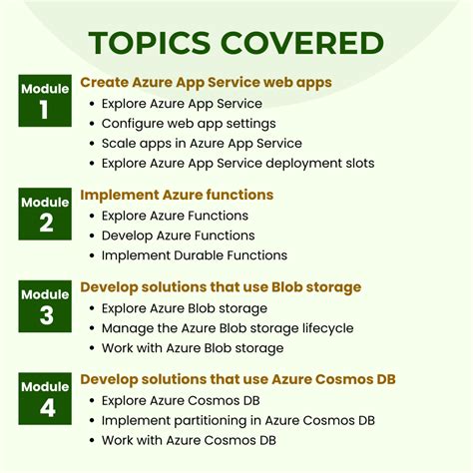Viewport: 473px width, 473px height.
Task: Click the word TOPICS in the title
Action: click(150, 43)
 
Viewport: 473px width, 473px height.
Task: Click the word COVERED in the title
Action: click(302, 43)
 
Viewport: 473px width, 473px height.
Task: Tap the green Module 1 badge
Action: click(45, 101)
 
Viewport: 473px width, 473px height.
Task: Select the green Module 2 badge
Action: click(45, 214)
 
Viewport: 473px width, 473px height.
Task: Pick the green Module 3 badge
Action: click(45, 306)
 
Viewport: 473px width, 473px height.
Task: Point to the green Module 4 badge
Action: click(45, 398)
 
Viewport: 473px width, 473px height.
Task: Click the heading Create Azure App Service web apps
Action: click(206, 83)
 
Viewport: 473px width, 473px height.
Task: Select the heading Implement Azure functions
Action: click(177, 195)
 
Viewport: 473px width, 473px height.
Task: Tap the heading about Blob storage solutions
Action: click(221, 287)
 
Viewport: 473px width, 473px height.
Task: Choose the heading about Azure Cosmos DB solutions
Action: click(237, 379)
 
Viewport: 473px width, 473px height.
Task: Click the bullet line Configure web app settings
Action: click(189, 124)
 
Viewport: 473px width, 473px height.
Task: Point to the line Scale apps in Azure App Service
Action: click(202, 144)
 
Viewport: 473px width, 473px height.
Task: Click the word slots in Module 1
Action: click(360, 163)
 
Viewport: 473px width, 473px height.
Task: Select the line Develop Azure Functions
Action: click(179, 236)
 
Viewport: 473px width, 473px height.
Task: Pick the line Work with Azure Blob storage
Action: click(193, 348)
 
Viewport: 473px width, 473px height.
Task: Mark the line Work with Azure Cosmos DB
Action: click(189, 440)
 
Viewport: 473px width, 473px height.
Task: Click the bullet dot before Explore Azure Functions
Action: click(92, 217)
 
